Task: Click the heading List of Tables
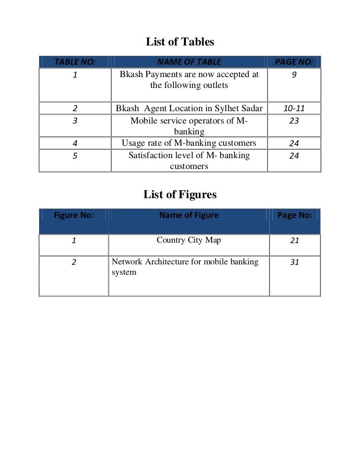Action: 180,42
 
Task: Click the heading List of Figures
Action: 180,195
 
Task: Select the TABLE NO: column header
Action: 75,62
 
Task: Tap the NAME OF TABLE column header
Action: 189,62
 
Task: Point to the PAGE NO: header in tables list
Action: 294,62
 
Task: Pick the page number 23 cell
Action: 294,121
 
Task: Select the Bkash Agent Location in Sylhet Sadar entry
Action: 189,108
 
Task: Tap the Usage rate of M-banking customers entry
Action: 189,143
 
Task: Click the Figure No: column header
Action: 74,215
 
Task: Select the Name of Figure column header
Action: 189,215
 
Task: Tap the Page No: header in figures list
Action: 294,215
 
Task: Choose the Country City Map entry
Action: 189,241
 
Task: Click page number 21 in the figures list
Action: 294,241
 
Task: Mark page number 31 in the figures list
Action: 294,263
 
